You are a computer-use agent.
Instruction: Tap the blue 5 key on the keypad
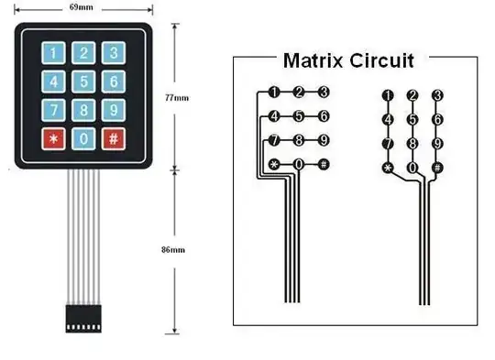[83, 82]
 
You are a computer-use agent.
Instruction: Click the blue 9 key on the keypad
[113, 110]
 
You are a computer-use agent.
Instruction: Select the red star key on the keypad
[54, 139]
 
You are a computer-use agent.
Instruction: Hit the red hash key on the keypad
[113, 139]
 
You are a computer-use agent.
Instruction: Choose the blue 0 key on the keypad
[83, 139]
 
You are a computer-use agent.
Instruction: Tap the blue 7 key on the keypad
[54, 110]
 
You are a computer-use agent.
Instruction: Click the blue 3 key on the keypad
[113, 53]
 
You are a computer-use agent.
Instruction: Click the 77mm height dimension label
[181, 97]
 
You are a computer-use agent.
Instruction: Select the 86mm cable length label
[181, 249]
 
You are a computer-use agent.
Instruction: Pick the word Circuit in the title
[383, 61]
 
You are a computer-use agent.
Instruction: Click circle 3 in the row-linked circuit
[324, 92]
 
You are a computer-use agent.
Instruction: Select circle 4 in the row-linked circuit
[273, 116]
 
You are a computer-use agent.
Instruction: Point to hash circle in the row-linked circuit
[324, 165]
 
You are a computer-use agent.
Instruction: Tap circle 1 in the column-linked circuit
[388, 95]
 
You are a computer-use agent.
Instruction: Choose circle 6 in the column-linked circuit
[437, 119]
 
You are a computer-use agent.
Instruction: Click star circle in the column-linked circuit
[388, 168]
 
